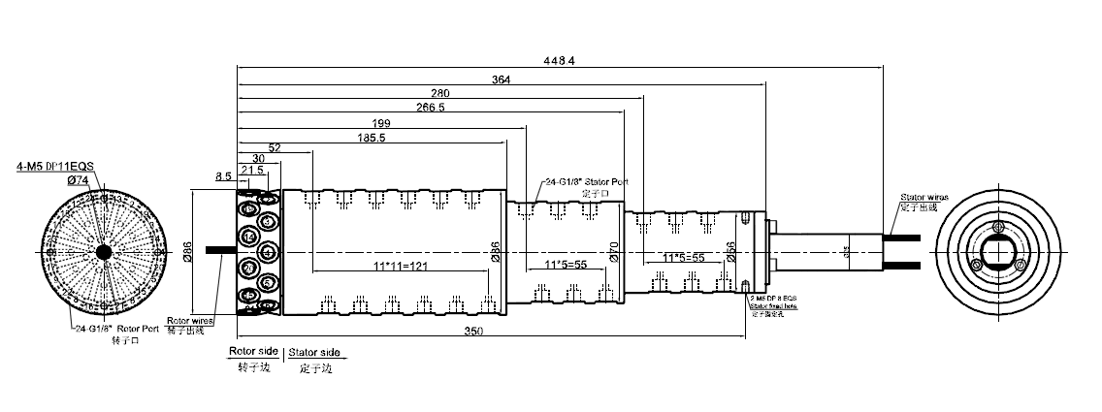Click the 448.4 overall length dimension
[561, 59]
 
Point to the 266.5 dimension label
[429, 108]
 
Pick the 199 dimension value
[382, 123]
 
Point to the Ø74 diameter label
[78, 179]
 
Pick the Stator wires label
[922, 197]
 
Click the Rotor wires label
[189, 320]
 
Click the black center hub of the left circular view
[103, 252]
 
